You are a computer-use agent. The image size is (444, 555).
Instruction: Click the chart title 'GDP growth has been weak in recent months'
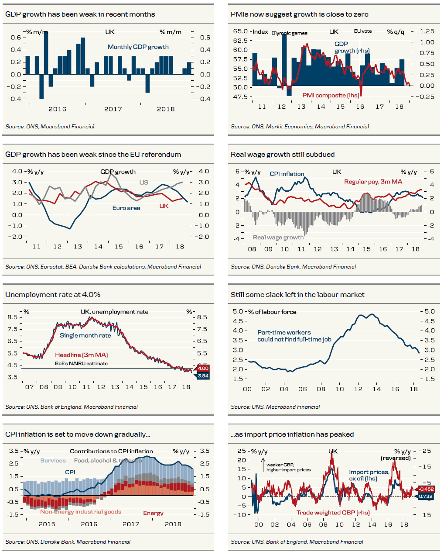(x=80, y=14)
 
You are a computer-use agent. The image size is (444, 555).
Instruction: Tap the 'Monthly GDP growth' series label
(x=138, y=47)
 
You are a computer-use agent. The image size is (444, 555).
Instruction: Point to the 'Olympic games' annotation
(x=289, y=33)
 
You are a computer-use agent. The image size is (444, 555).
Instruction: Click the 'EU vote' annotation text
(x=363, y=31)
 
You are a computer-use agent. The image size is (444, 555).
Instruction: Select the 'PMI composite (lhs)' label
(x=331, y=95)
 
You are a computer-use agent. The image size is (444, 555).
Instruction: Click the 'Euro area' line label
(x=126, y=208)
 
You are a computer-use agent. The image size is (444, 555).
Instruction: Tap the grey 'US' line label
(x=143, y=183)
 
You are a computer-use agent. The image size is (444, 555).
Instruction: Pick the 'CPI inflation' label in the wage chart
(x=287, y=174)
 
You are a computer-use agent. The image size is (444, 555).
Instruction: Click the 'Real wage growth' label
(x=278, y=238)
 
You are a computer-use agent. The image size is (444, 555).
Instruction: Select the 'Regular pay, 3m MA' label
(x=373, y=182)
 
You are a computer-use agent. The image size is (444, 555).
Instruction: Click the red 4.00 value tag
(x=203, y=368)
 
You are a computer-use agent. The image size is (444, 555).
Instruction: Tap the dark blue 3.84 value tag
(x=203, y=376)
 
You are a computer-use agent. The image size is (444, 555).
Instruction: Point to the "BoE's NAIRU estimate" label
(x=81, y=363)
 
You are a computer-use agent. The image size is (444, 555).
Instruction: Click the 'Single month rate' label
(x=85, y=335)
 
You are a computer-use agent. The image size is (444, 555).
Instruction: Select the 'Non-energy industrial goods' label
(x=81, y=512)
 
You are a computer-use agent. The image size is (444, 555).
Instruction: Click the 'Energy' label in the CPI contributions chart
(x=153, y=513)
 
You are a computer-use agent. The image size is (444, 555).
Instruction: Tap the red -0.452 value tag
(x=426, y=489)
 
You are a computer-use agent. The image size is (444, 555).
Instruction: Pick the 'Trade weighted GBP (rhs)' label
(x=333, y=513)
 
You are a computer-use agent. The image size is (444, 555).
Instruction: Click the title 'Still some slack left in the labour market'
(x=297, y=295)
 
